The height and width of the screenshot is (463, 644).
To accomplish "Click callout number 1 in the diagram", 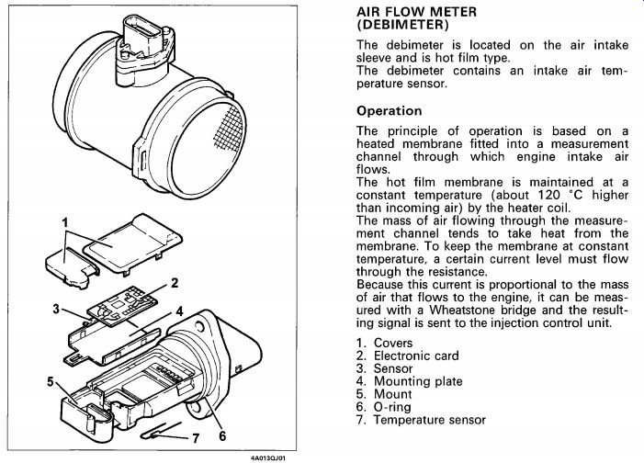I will (x=65, y=221).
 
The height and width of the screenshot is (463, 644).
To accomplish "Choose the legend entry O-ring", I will (x=396, y=407).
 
